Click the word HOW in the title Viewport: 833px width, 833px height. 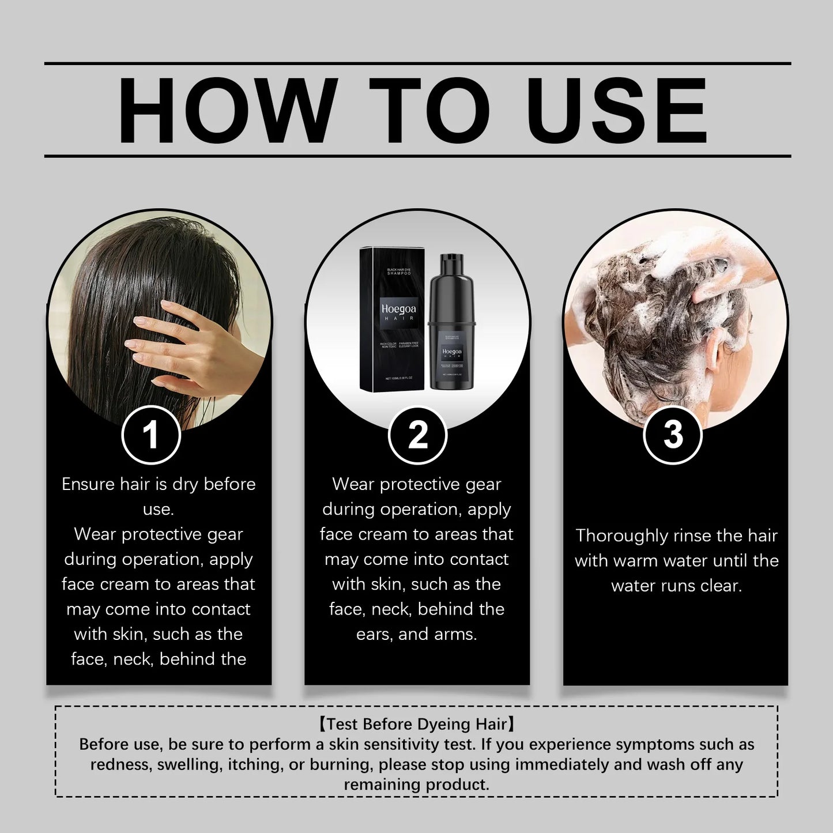(228, 110)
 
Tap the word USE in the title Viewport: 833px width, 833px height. (616, 110)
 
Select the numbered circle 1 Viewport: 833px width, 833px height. (151, 435)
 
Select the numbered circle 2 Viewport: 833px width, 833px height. (417, 435)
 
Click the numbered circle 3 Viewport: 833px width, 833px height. (673, 435)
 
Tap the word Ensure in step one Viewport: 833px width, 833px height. (88, 484)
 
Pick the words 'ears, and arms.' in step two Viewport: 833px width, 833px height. (416, 634)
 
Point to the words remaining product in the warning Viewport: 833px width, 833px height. (416, 785)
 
